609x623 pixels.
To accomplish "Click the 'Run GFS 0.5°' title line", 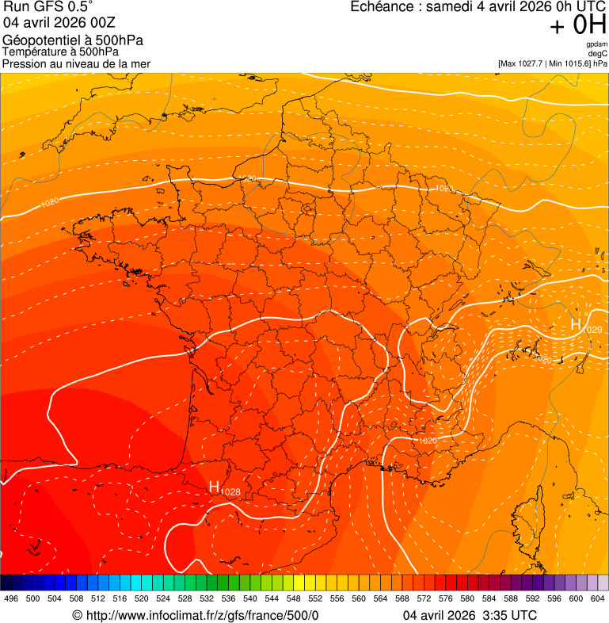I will (x=48, y=7).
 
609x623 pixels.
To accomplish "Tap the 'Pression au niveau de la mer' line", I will (x=76, y=63).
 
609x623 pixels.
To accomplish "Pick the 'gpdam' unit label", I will (x=596, y=44).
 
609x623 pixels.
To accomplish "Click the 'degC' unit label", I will (x=598, y=53).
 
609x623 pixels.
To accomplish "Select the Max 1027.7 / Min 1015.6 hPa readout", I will (x=553, y=63).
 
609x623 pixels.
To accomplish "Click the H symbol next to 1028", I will (x=214, y=486).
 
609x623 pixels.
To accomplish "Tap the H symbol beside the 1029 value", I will (x=576, y=325).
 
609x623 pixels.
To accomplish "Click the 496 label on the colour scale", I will (x=11, y=599).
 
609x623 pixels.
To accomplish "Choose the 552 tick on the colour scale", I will (x=315, y=599).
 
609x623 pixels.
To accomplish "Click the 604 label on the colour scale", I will (x=598, y=599).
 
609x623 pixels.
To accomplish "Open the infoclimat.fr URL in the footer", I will (x=201, y=615).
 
